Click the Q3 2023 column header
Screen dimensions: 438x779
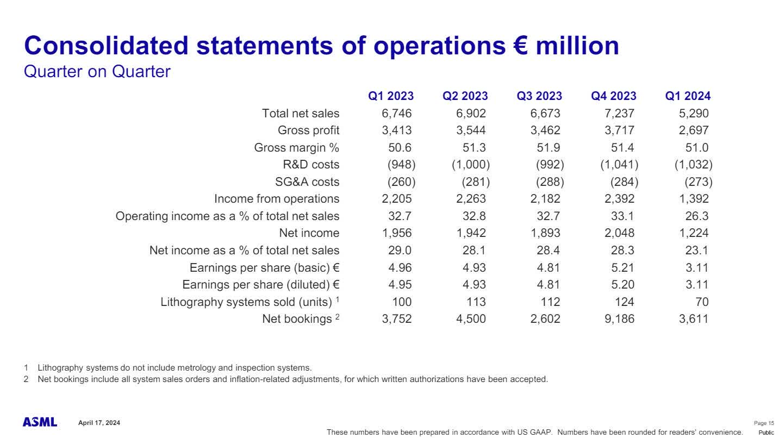point(539,96)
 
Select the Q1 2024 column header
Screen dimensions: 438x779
point(688,96)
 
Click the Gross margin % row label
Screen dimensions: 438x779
point(297,148)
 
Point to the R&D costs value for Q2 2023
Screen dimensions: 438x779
point(471,165)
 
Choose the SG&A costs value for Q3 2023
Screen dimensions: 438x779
point(550,182)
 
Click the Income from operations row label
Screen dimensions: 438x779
point(277,199)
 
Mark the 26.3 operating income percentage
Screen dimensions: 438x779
point(697,216)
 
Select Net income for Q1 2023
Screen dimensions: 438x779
point(397,233)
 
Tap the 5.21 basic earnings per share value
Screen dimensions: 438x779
point(622,267)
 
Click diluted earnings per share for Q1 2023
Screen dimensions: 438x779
point(400,285)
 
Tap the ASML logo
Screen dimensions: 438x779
point(40,422)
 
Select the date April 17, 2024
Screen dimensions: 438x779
point(99,423)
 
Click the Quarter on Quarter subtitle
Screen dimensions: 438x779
point(97,71)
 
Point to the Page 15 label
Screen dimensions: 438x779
point(764,423)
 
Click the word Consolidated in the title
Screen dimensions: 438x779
point(107,46)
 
